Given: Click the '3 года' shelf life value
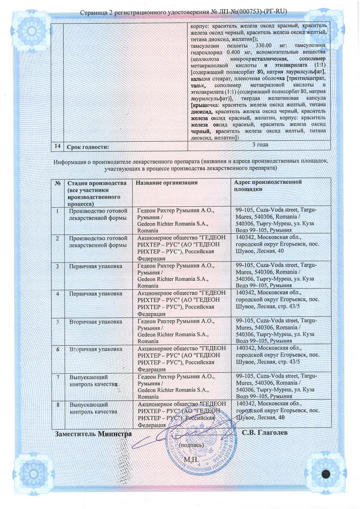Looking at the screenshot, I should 259,145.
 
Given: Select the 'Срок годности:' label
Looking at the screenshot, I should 87,147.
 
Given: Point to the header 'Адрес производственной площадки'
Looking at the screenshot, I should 267,185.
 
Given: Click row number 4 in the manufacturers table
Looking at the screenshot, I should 57,294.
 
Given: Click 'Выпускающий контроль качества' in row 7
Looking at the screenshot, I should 93,380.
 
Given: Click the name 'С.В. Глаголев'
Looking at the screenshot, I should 264,433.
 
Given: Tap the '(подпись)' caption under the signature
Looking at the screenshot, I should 191,445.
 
